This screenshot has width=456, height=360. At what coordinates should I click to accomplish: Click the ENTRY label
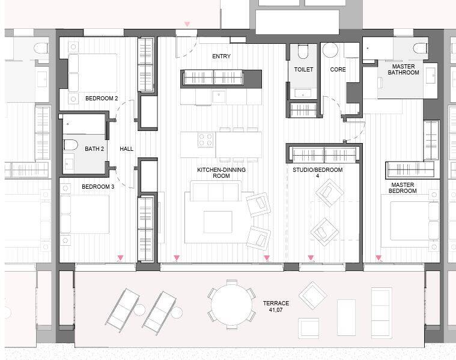point(221,56)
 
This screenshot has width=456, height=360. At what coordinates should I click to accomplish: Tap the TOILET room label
point(303,70)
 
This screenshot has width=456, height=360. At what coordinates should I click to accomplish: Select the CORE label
point(338,70)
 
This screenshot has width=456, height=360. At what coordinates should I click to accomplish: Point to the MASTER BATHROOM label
point(403,70)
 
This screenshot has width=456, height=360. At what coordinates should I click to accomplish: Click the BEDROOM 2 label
point(102,99)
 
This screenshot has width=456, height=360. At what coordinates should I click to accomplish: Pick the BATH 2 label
point(94,148)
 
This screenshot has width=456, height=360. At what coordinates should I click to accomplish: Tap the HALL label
point(127,148)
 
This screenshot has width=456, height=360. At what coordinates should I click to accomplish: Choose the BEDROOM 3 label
point(98,186)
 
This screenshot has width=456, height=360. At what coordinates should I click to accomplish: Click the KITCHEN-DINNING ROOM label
point(221,173)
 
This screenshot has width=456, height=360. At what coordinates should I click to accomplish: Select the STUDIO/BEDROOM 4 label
point(317,173)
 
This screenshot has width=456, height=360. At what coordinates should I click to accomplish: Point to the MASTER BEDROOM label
point(403,188)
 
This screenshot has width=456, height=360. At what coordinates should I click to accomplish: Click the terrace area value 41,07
point(276,310)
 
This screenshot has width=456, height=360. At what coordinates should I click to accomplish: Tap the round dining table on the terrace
point(232,305)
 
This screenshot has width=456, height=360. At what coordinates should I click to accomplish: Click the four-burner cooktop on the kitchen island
point(206,140)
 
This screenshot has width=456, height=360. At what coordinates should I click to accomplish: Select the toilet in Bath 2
point(71,145)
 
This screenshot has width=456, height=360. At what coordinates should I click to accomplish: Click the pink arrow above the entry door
point(187,24)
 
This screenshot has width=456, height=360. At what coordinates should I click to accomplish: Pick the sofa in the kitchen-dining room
point(216,191)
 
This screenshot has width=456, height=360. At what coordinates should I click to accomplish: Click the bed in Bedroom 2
point(93,73)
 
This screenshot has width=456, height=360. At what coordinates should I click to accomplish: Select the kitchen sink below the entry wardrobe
point(219,96)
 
